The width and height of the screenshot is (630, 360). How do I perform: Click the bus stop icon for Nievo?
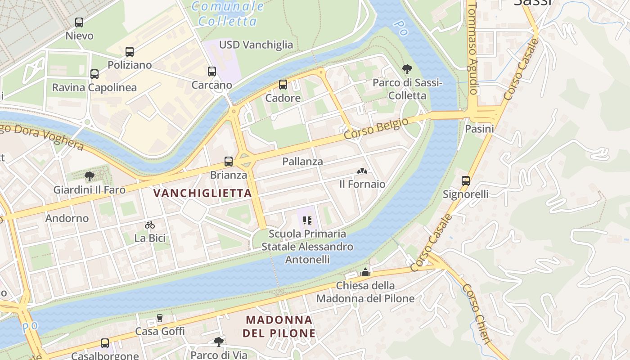tap(79, 22)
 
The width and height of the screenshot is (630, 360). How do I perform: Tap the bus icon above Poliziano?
tap(130, 51)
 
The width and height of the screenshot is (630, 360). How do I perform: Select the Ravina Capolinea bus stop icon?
tap(94, 74)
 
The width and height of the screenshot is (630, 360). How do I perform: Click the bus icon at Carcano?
tap(212, 71)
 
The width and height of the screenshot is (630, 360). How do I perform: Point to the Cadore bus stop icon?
tap(283, 84)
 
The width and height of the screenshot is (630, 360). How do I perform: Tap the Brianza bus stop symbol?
tap(229, 161)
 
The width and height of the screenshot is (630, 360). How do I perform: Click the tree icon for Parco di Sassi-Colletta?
tap(407, 69)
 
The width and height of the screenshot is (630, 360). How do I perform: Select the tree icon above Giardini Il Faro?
tap(90, 176)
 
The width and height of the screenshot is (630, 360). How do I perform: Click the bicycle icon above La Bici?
tap(150, 225)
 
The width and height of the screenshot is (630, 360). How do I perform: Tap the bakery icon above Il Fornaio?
tap(362, 171)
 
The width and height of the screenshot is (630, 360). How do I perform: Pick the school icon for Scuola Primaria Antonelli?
tap(307, 220)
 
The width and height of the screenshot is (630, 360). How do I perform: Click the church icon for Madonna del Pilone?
tap(365, 272)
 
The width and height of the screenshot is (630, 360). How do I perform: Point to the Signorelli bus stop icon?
tap(466, 180)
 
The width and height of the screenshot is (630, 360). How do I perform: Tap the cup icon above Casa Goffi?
tap(159, 318)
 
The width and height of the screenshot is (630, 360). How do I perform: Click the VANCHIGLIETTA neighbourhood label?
tap(202, 193)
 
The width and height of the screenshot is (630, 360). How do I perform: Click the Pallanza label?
tap(302, 162)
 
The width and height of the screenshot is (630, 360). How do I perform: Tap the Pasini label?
tap(479, 129)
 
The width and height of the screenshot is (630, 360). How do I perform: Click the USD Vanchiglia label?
tap(256, 45)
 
